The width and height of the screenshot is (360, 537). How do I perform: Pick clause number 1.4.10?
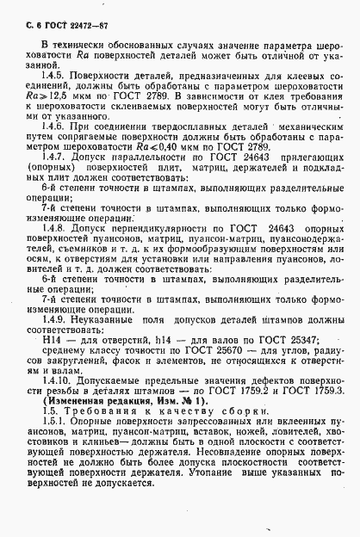58,404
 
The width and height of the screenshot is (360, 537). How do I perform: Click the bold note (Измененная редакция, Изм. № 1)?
109,424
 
